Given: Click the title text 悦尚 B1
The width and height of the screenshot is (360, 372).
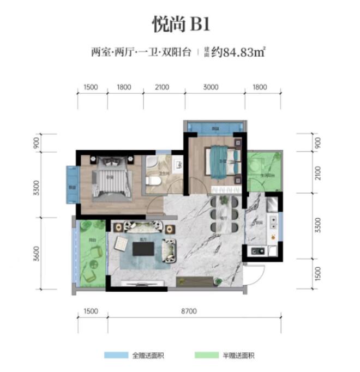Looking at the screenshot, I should pyautogui.click(x=180, y=25).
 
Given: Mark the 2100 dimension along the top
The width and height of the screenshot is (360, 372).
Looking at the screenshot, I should pyautogui.click(x=162, y=87).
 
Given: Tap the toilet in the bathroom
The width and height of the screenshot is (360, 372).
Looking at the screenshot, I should pyautogui.click(x=154, y=181).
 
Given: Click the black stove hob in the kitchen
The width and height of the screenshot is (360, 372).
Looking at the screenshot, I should pyautogui.click(x=256, y=251).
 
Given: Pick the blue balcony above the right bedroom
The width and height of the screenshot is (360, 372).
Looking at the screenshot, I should pyautogui.click(x=214, y=129).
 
